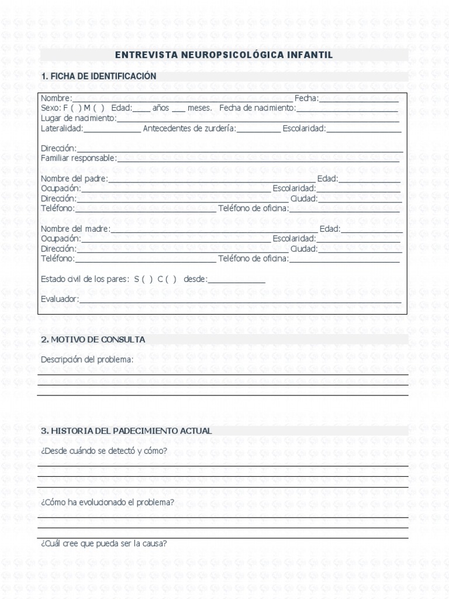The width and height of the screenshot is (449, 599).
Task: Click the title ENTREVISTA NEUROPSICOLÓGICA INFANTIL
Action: tap(224, 55)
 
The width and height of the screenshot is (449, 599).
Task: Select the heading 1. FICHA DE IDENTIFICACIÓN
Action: tap(98, 77)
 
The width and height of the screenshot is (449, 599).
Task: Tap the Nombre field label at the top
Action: tap(56, 98)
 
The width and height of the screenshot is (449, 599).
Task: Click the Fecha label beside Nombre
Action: tap(306, 98)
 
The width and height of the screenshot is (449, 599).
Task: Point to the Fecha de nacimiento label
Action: tap(258, 108)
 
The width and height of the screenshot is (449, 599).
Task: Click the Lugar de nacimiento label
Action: tap(78, 118)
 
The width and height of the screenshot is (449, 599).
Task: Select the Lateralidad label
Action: tap(62, 129)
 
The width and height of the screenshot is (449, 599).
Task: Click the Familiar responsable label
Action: tap(78, 158)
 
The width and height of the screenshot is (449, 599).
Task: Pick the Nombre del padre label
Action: tap(74, 178)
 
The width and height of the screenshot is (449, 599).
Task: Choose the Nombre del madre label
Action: tap(75, 229)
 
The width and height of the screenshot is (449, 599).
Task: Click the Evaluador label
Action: tap(60, 299)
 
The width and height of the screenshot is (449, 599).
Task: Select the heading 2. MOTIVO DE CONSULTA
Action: tap(93, 340)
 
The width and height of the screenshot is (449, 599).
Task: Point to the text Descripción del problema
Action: tap(87, 359)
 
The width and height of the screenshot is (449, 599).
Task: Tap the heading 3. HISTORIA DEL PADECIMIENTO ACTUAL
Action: tap(126, 431)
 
